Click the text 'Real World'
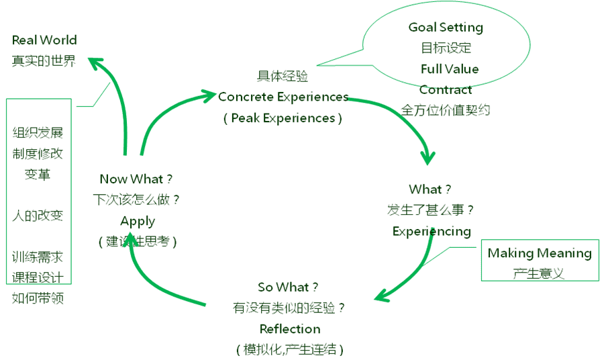(x=44, y=40)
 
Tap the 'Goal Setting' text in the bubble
(x=446, y=28)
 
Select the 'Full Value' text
(x=450, y=69)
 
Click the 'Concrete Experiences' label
(x=283, y=97)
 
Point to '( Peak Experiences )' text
(x=283, y=118)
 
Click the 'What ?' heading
(x=430, y=189)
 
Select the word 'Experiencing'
(x=432, y=231)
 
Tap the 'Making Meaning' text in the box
(x=539, y=253)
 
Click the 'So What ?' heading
(x=289, y=287)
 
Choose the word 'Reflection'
(x=290, y=329)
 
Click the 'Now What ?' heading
(x=136, y=179)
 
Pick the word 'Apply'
(x=138, y=221)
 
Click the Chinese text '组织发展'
(x=38, y=133)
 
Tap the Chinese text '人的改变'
(x=38, y=216)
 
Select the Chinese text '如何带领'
(x=38, y=298)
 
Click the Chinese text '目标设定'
(x=446, y=48)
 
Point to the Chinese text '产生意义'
(x=539, y=273)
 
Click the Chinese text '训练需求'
(x=38, y=257)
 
